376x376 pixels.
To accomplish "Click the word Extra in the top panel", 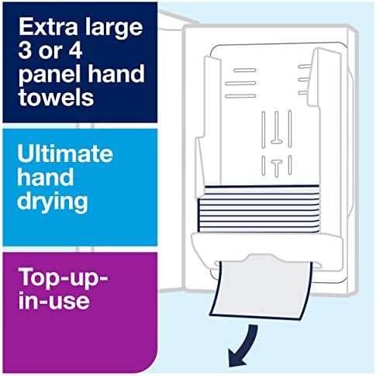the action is click(x=48, y=27).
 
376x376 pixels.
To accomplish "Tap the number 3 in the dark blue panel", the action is click(x=24, y=50).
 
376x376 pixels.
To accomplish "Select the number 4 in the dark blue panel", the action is click(x=75, y=50).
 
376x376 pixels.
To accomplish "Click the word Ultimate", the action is click(x=65, y=154).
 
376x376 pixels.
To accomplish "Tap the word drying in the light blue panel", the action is click(x=53, y=203).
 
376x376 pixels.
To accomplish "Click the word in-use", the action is click(x=54, y=300).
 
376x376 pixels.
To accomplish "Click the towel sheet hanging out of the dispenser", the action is click(x=261, y=289).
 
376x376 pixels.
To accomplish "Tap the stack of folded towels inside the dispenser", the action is click(x=258, y=209).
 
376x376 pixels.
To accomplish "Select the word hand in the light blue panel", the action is click(x=46, y=178).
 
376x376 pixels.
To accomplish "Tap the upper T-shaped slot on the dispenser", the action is click(x=276, y=127).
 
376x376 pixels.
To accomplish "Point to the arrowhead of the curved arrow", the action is click(x=236, y=358).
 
